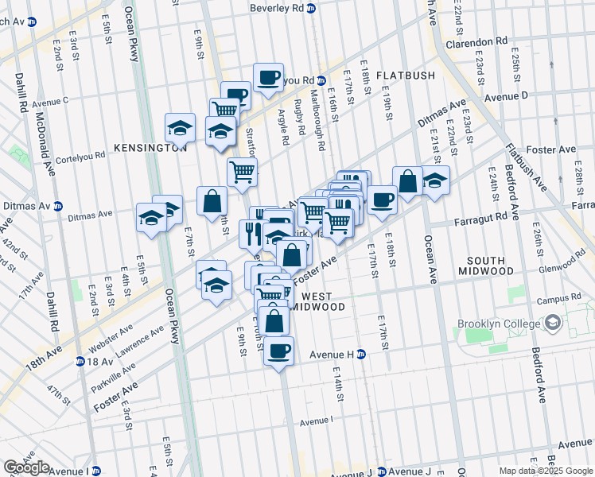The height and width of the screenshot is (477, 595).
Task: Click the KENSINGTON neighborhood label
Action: click(138, 148)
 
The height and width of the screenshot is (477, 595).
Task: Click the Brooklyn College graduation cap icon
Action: click(552, 324)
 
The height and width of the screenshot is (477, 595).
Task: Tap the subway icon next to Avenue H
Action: click(360, 355)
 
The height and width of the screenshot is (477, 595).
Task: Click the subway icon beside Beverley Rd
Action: click(311, 8)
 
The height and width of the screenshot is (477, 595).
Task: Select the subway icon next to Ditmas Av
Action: click(58, 206)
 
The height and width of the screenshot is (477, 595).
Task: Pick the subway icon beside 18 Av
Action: click(80, 361)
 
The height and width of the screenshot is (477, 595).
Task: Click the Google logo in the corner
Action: click(26, 467)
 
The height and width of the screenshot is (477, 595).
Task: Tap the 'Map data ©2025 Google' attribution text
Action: click(546, 471)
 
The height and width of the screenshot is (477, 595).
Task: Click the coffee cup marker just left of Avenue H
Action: click(278, 351)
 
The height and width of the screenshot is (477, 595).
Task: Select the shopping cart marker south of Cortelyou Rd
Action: click(242, 171)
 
